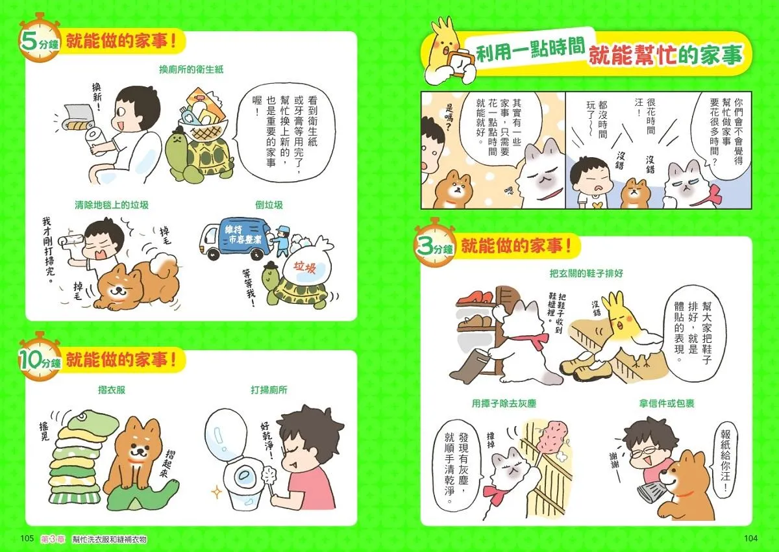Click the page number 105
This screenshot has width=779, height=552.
pos(27,539)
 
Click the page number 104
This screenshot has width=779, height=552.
pos(750,539)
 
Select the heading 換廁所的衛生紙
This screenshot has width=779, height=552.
pos(192,69)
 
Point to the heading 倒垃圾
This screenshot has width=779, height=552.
pos(269,205)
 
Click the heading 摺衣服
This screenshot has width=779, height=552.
pos(111,390)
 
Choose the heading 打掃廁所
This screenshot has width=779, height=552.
pos(269,390)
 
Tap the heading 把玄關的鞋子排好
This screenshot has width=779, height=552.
pos(586,273)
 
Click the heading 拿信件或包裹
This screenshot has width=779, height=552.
pos(666,403)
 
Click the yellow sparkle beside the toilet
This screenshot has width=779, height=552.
pos(217,492)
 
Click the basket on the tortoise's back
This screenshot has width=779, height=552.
pos(203,129)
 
